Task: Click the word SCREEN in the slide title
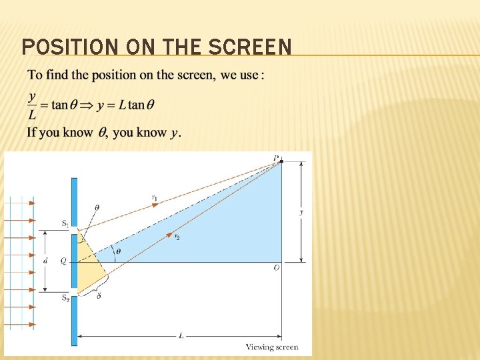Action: [251, 47]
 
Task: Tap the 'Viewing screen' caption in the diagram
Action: [272, 347]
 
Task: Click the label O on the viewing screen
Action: [276, 268]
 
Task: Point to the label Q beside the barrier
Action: [63, 261]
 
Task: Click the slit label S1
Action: [65, 225]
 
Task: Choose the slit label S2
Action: [65, 297]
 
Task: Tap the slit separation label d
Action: [45, 261]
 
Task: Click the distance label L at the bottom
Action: [181, 336]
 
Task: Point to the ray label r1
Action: [155, 197]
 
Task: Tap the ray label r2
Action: [177, 237]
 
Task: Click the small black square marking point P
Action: [281, 161]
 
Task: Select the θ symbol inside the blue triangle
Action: [119, 251]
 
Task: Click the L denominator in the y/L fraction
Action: [32, 114]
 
